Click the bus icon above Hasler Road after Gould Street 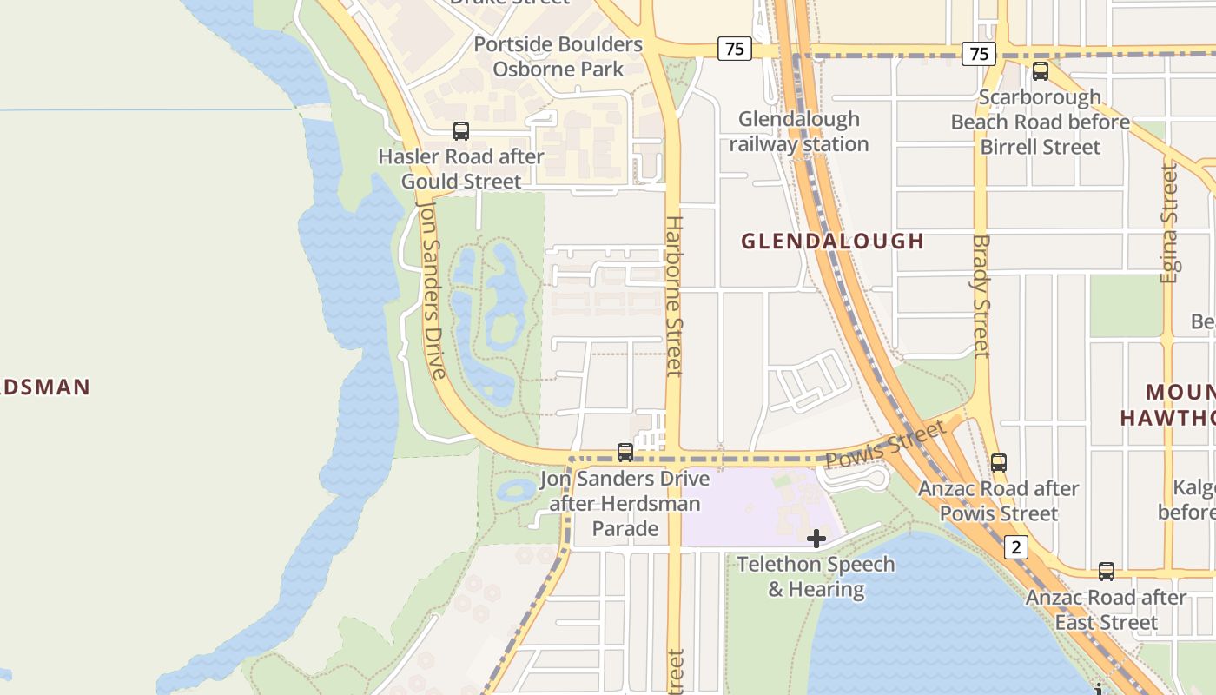tap(461, 131)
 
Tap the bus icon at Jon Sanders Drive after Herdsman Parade tap(625, 452)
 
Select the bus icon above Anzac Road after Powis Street tap(999, 463)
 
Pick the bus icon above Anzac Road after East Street tap(1107, 572)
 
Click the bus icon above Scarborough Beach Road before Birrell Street tap(1041, 71)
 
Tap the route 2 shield tap(1017, 547)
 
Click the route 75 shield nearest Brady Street tap(979, 54)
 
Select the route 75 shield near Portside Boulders tap(735, 49)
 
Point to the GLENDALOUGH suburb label tap(832, 242)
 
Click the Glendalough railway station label tap(799, 132)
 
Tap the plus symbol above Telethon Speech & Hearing tap(816, 539)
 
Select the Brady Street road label tap(981, 295)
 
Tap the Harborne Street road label tap(674, 295)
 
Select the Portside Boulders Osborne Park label tap(558, 56)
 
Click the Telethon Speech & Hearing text tap(816, 577)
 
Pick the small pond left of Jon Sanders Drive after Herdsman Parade tap(518, 490)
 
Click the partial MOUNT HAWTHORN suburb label tap(1168, 405)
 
